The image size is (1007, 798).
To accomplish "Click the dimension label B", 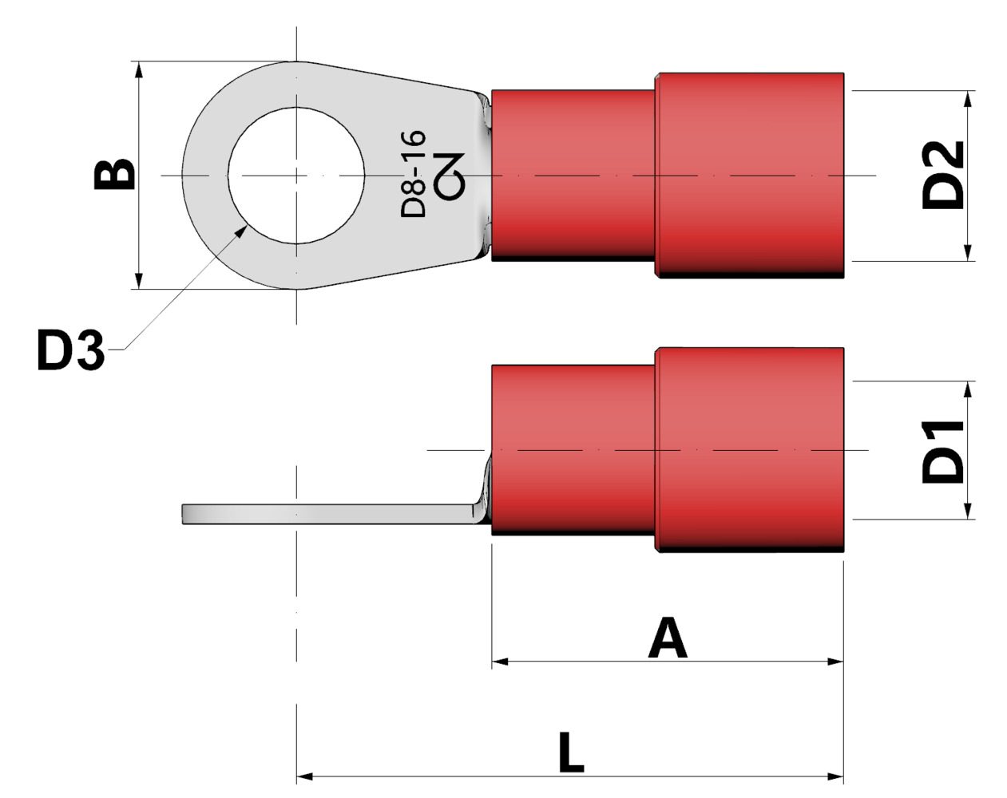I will tap(114, 175).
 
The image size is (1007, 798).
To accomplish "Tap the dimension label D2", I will tap(943, 176).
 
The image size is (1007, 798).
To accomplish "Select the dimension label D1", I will tap(943, 450).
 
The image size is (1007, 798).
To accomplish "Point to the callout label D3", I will tap(70, 350).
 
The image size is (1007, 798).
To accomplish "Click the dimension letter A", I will tap(668, 638).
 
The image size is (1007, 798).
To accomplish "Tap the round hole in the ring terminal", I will tap(296, 175).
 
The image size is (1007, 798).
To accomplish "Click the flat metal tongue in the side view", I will tap(319, 514).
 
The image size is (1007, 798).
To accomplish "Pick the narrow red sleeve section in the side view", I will tap(573, 449).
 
